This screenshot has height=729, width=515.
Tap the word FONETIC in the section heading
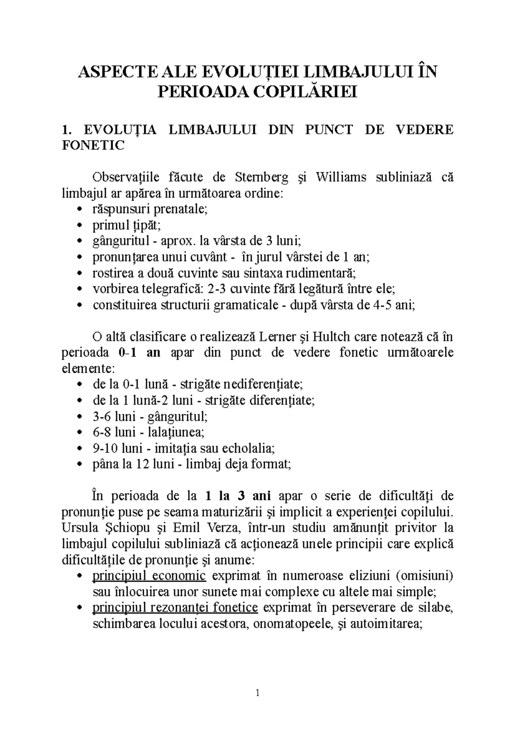(x=93, y=145)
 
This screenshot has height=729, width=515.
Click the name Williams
(x=341, y=177)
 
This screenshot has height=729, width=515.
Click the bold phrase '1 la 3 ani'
(x=238, y=496)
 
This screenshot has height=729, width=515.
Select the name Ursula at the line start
(x=80, y=528)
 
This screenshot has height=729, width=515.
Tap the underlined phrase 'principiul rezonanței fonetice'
(x=175, y=607)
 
